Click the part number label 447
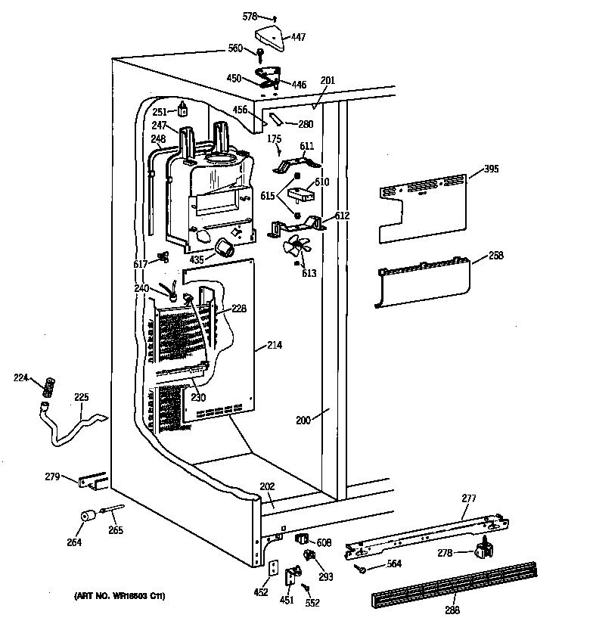pos(299,36)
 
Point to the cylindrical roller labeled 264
pos(88,516)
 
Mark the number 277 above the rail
pos(470,498)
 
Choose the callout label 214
pos(275,346)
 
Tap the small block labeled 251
pos(182,110)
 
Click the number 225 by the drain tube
pos(81,396)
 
